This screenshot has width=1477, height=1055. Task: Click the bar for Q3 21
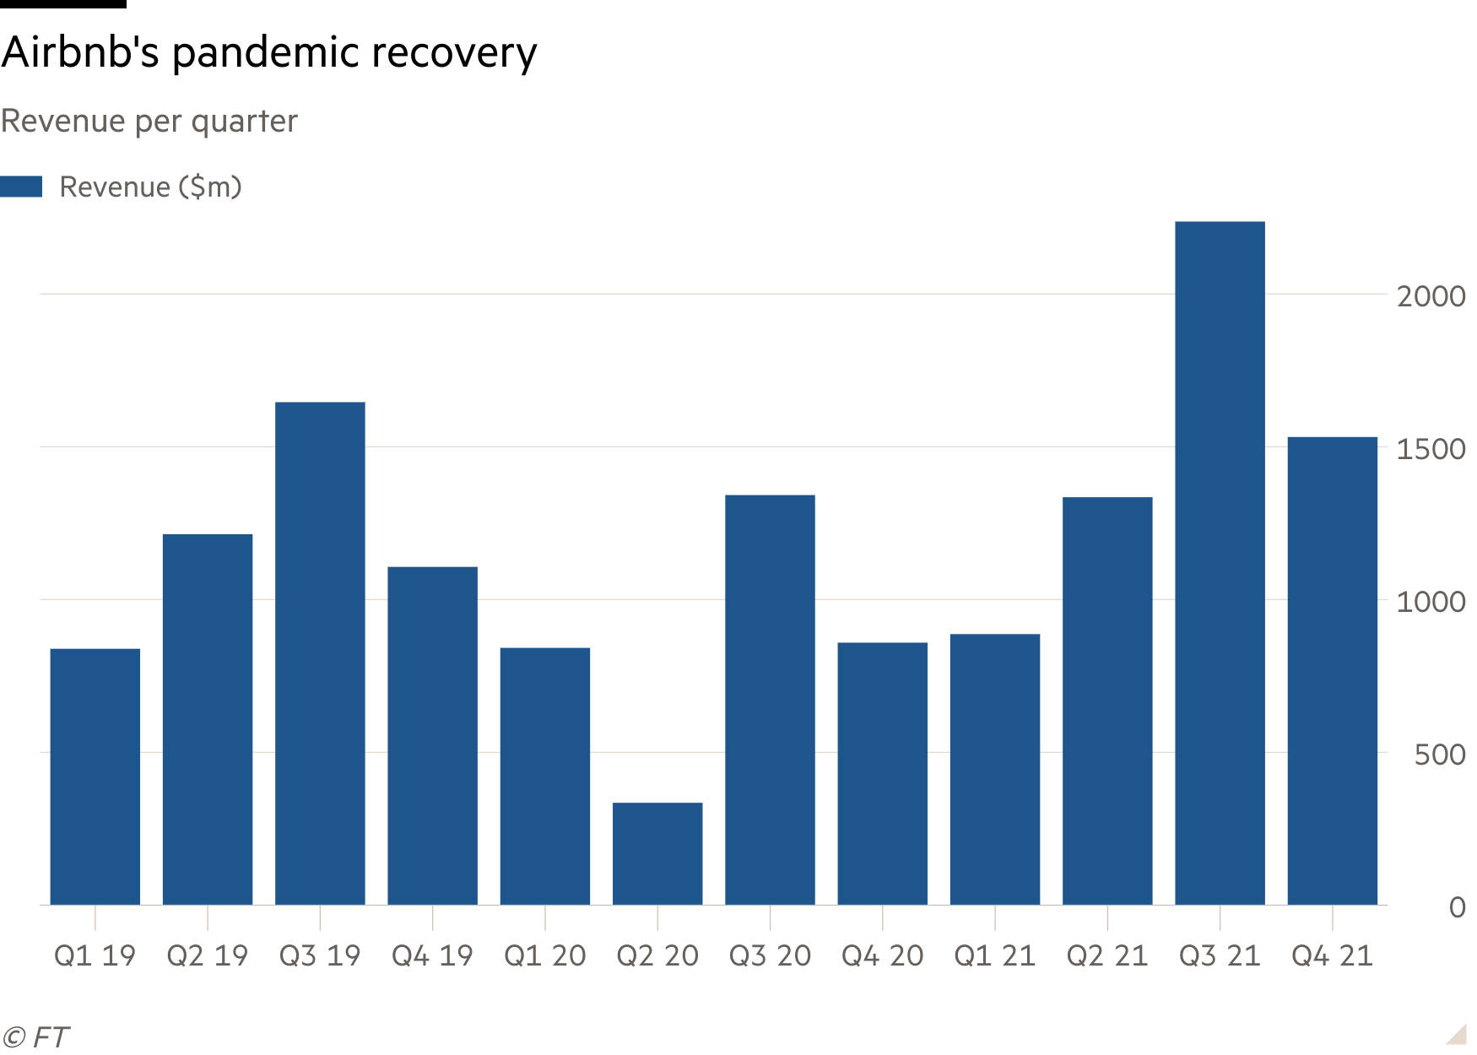click(1220, 563)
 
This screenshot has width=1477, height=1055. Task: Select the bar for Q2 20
click(657, 853)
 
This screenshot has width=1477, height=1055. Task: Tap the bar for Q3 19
click(320, 652)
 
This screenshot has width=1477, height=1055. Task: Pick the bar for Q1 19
click(95, 776)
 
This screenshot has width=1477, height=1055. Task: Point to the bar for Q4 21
click(1332, 670)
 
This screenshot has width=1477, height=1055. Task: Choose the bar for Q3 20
click(770, 699)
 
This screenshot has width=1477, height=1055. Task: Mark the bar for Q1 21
click(994, 769)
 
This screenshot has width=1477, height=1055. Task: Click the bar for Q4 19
click(432, 735)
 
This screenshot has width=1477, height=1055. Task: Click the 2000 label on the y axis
click(1431, 296)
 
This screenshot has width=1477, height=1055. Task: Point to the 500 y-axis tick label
click(1440, 755)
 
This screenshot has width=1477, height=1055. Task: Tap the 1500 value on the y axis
click(1431, 449)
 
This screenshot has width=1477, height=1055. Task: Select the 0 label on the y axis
click(1457, 907)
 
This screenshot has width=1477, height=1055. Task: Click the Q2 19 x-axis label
click(208, 956)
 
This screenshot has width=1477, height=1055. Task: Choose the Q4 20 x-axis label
click(882, 956)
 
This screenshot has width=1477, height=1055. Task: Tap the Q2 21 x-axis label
click(1106, 956)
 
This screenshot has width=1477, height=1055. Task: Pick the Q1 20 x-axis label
click(545, 956)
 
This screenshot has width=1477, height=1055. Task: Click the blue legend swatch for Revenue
click(21, 187)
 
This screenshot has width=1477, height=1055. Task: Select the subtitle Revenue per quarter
click(149, 122)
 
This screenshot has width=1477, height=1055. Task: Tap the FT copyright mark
click(36, 1036)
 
